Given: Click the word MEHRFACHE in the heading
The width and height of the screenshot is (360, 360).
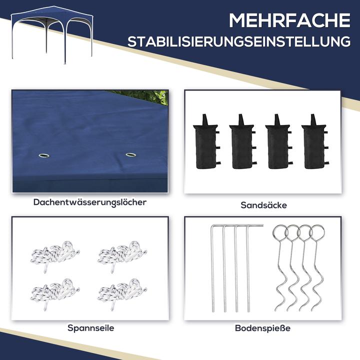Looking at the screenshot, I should (289, 21).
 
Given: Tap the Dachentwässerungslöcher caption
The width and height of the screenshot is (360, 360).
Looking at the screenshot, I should (90, 202).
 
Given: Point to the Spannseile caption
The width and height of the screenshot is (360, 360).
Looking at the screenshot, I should (90, 328).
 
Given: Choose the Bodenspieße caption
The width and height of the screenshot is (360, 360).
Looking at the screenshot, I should (262, 328).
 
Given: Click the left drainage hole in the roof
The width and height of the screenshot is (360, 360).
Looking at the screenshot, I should (43, 156).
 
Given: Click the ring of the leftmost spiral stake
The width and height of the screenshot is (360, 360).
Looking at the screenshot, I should (280, 233).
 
